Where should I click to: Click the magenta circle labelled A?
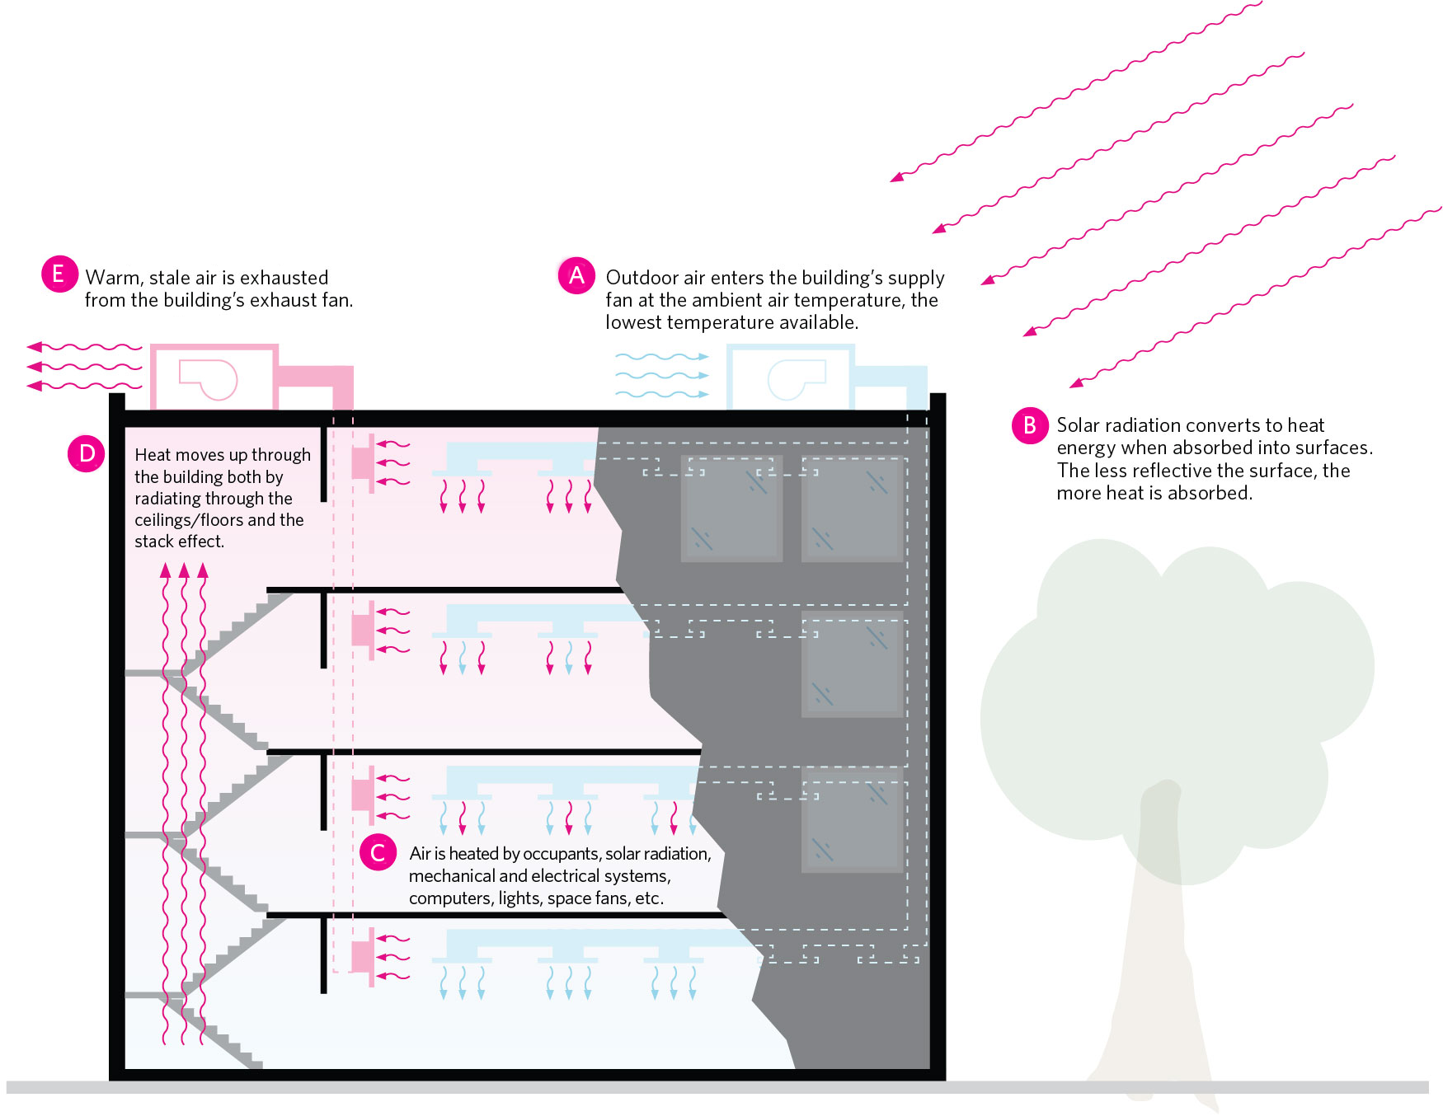coord(576,275)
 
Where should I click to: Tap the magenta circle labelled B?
coord(1029,425)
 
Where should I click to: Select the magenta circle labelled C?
coord(378,852)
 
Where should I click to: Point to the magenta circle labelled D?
coord(87,453)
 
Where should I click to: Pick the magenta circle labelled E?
coord(59,274)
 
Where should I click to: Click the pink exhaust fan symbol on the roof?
coord(209,379)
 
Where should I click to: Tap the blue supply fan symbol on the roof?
coord(796,379)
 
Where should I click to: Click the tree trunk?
coord(1154,948)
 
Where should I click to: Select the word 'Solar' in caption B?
coord(1078,425)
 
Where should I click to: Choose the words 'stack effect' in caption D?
coord(179,542)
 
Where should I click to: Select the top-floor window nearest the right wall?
coord(852,509)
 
